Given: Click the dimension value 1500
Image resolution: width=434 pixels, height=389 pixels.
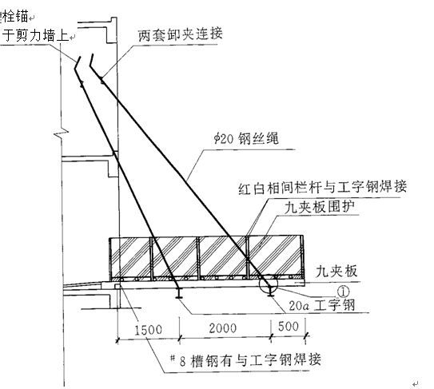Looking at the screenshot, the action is click(x=148, y=330).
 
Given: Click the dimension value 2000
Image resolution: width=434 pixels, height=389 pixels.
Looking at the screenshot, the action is click(x=223, y=328).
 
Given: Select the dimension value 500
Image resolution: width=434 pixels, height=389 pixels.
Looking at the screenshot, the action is click(x=289, y=327).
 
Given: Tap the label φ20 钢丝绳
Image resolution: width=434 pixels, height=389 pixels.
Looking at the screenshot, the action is click(x=246, y=138).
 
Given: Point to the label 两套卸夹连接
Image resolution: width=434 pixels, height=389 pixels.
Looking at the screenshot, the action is click(x=180, y=34).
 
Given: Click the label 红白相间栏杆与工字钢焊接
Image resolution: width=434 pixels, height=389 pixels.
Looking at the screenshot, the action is click(x=322, y=187).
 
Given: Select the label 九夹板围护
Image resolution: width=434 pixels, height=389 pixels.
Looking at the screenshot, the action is click(x=320, y=207).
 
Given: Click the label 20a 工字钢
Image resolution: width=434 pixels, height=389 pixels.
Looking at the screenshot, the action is click(x=322, y=305).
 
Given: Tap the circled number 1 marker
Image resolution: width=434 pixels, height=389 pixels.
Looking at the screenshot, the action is click(x=343, y=292).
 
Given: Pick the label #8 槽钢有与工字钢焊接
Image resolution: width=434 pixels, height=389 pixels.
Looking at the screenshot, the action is click(x=245, y=360).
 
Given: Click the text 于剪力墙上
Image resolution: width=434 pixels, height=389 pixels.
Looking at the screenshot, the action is click(x=35, y=35).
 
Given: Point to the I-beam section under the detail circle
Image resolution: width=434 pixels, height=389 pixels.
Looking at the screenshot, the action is click(x=270, y=292).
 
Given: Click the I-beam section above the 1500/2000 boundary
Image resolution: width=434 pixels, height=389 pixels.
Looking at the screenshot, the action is click(x=180, y=292).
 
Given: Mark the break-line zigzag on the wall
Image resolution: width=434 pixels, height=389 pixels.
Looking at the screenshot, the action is click(x=62, y=133).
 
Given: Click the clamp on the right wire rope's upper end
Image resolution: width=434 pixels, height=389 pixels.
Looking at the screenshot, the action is click(x=102, y=81).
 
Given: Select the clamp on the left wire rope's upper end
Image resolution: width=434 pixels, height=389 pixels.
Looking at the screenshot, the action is click(x=82, y=85).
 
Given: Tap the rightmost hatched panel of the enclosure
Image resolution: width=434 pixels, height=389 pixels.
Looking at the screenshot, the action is click(x=274, y=256).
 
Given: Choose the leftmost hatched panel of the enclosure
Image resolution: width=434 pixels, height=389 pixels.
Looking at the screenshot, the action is click(x=130, y=256).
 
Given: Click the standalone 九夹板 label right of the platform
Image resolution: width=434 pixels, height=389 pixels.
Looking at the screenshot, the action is click(x=336, y=272).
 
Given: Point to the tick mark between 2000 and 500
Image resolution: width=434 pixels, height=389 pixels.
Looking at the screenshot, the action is click(x=271, y=336).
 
